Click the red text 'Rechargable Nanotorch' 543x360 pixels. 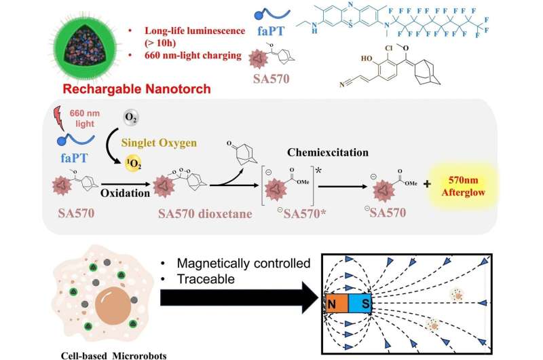coord(62,87)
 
